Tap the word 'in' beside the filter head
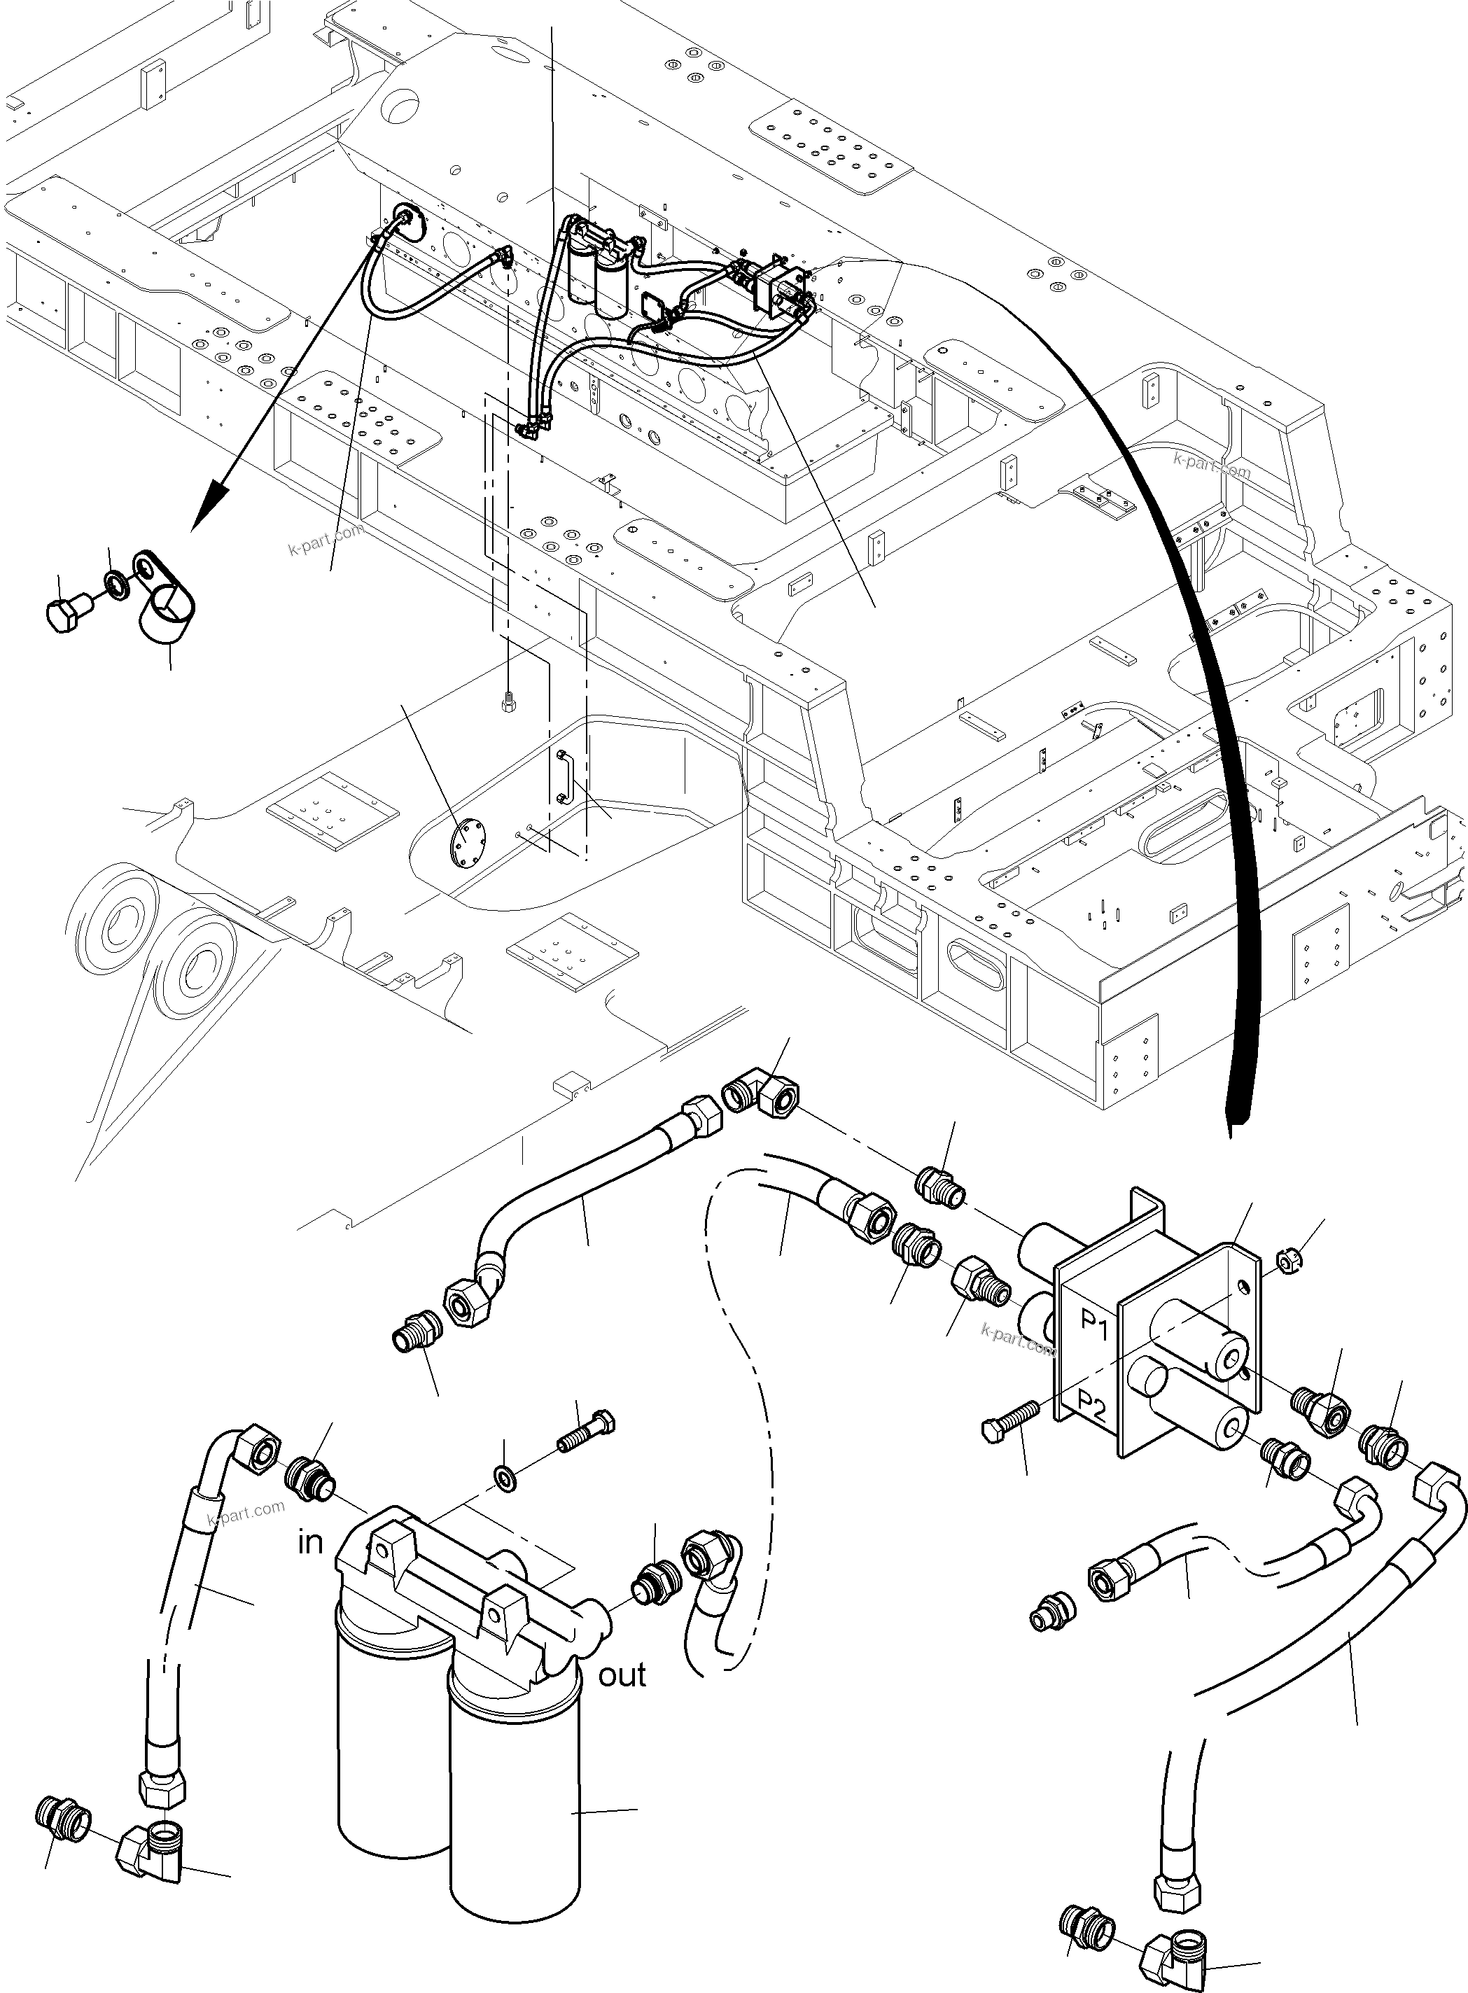[x=310, y=1541]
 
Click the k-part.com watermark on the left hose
[x=246, y=1511]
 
